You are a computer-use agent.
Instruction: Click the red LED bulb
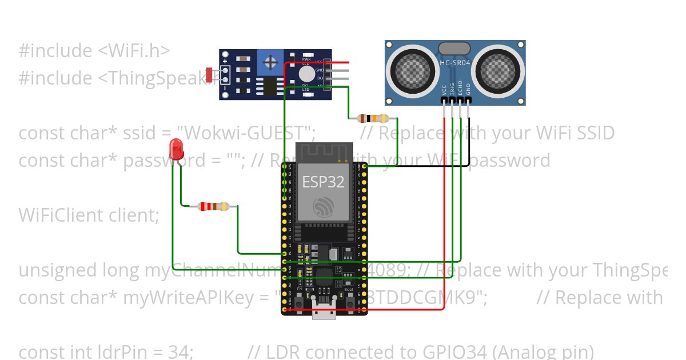click(177, 150)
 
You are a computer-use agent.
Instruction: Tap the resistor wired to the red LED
click(213, 207)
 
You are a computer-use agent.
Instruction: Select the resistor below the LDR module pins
click(373, 119)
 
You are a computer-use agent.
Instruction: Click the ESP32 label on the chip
click(323, 182)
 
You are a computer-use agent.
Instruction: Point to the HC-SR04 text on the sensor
click(455, 63)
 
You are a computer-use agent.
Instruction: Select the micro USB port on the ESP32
click(324, 311)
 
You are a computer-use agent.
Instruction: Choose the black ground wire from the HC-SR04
click(469, 137)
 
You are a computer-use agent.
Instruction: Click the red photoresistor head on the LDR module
click(209, 74)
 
